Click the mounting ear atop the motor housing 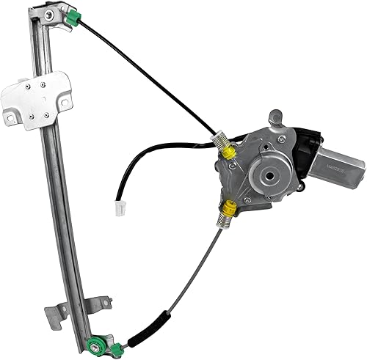coord(275,116)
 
